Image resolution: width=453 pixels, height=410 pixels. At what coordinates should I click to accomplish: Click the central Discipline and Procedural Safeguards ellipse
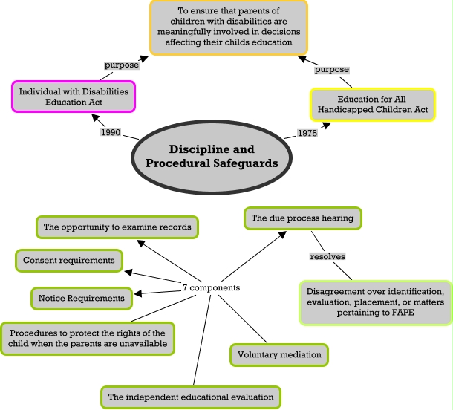[212, 157]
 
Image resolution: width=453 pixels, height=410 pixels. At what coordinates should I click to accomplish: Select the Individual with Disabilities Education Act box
[74, 97]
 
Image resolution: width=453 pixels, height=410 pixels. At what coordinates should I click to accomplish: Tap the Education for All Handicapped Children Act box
[373, 104]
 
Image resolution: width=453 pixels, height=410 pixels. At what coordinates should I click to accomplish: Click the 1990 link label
[111, 132]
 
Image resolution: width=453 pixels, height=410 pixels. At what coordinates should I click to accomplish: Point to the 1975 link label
[307, 133]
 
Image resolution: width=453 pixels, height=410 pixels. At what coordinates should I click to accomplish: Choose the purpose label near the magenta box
[122, 65]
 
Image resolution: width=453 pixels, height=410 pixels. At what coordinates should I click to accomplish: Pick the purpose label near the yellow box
[332, 69]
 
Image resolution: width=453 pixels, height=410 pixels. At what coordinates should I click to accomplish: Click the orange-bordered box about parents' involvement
[229, 27]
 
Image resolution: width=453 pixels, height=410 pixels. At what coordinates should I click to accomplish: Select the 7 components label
[211, 287]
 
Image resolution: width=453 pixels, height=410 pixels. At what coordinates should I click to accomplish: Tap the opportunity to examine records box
[117, 227]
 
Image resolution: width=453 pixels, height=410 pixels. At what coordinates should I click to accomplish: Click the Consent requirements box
[69, 261]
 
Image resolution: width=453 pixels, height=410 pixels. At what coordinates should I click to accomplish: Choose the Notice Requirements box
[82, 298]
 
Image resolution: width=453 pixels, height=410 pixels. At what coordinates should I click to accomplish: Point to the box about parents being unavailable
[88, 339]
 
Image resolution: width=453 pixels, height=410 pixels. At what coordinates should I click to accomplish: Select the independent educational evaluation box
[191, 397]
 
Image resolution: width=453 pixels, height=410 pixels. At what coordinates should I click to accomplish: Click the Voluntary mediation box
[279, 355]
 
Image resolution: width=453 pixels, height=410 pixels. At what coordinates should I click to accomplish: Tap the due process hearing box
[302, 218]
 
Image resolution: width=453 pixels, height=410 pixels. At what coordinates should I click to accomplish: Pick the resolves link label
[327, 256]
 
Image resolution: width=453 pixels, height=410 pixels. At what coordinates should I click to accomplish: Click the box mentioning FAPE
[375, 302]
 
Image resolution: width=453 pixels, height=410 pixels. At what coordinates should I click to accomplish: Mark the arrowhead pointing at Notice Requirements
[138, 293]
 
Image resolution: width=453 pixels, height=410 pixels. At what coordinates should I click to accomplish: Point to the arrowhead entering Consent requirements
[128, 272]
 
